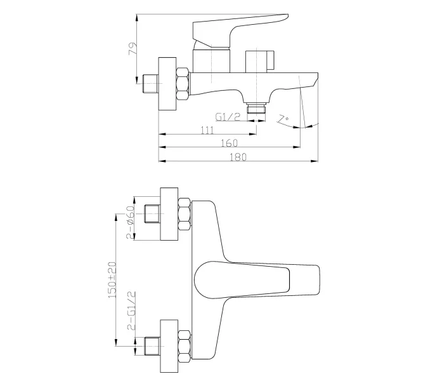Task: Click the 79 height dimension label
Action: point(133,49)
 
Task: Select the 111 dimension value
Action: point(207,130)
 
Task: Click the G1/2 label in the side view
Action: point(226,117)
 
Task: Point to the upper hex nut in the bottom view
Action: point(185,215)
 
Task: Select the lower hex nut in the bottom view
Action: point(185,344)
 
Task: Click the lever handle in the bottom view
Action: point(254,279)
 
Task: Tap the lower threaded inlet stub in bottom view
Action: point(152,344)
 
